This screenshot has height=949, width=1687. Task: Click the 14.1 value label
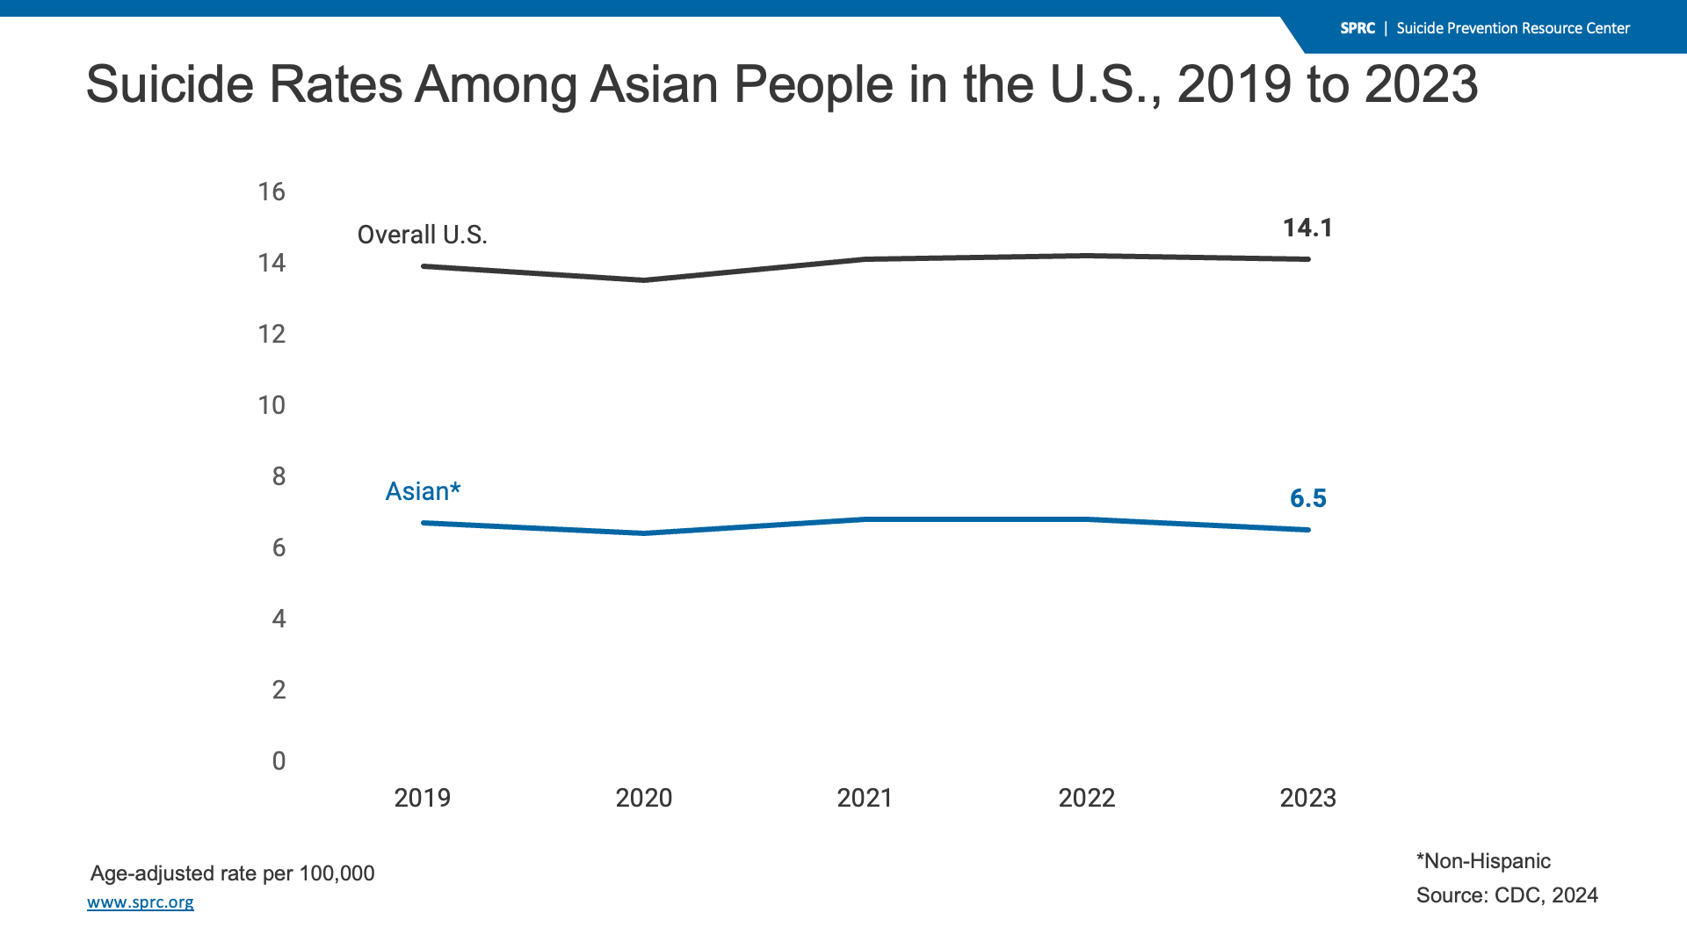click(1307, 228)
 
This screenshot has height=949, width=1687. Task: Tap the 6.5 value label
click(1307, 499)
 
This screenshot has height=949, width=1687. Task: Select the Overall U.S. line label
click(422, 235)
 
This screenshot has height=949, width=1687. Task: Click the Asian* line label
click(423, 491)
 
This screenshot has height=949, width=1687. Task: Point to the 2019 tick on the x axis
click(422, 798)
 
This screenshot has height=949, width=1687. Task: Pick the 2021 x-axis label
click(865, 798)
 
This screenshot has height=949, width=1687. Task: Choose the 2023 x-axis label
click(1307, 798)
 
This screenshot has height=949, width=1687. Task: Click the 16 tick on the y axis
click(272, 192)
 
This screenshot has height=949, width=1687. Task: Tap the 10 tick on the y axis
click(272, 406)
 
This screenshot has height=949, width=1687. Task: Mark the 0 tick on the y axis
click(279, 761)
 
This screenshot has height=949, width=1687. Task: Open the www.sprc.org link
click(141, 902)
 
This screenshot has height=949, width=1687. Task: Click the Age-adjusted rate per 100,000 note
click(232, 873)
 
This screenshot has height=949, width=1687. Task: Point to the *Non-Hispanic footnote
click(1483, 861)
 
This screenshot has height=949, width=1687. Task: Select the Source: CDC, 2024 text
click(1507, 895)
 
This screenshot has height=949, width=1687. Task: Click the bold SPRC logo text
click(1358, 28)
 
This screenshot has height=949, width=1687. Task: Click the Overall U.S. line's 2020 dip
click(644, 280)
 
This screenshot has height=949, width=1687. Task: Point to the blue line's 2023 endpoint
click(1307, 530)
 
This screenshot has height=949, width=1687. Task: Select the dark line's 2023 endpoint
click(1307, 259)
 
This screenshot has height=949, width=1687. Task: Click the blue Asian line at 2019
click(424, 523)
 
